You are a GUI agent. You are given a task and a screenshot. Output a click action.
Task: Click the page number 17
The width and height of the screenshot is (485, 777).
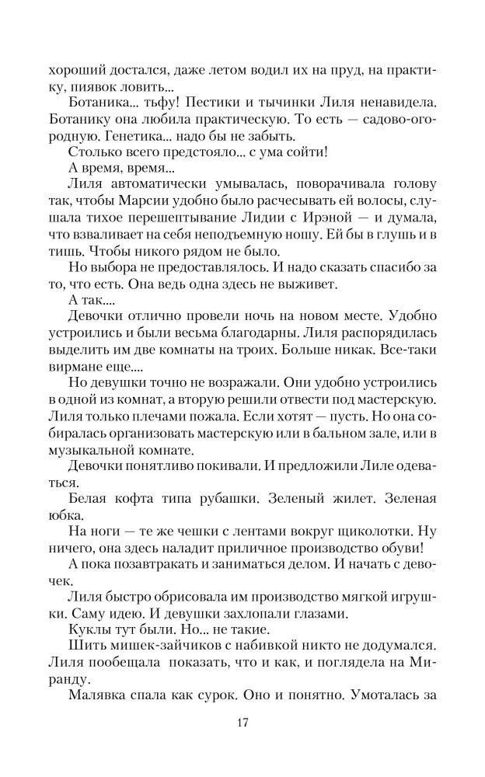242,723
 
